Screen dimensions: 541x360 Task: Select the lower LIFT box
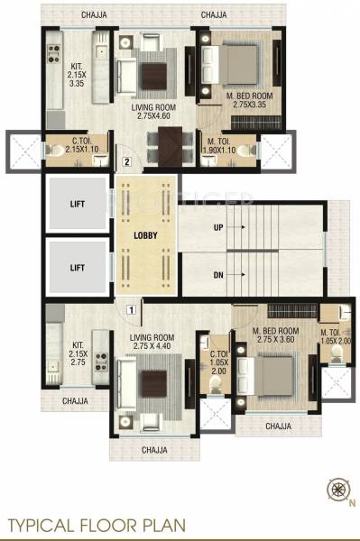(x=77, y=269)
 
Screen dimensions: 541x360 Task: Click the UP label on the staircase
(x=217, y=227)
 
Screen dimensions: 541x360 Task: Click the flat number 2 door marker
(x=128, y=162)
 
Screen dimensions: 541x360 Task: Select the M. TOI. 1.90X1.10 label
(x=219, y=145)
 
